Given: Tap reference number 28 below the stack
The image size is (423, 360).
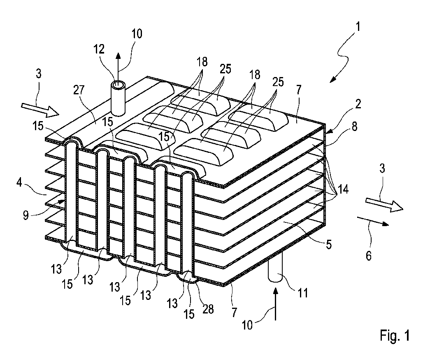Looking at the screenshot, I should coord(208,309).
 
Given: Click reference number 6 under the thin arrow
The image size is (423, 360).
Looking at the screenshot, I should coord(369,256).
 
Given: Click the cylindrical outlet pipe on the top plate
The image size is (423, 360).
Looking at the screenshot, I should coord(119,99).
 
